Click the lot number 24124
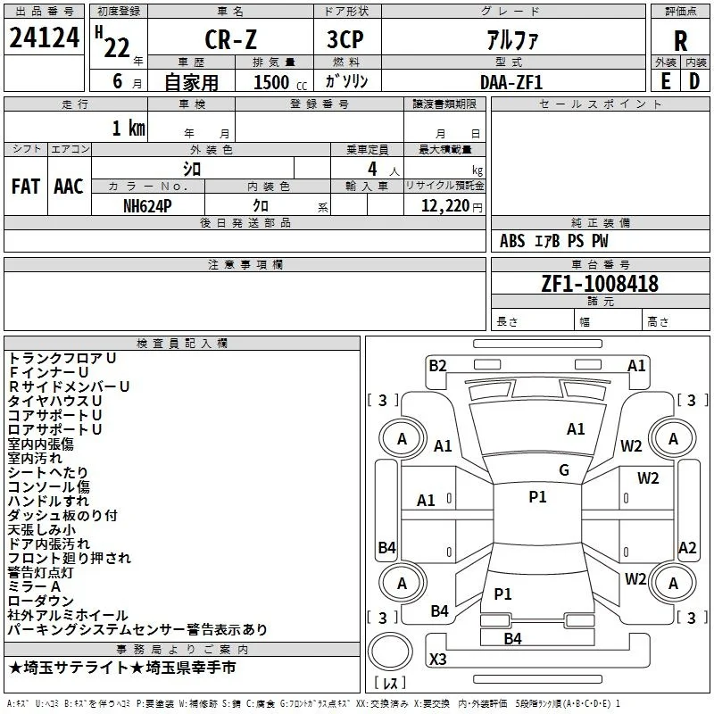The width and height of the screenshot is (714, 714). coord(44,37)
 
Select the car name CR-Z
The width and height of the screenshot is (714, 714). coord(230,39)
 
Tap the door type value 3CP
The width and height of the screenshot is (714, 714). coord(345,39)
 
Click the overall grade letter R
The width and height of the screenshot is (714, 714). coord(680,41)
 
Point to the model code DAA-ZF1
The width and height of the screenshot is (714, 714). coord(511,82)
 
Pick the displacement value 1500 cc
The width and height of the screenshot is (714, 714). coord(280,82)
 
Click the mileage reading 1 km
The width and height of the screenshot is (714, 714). coord(129,128)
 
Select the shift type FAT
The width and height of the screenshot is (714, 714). coord(26,187)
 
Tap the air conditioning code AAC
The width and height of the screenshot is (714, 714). coord(69,187)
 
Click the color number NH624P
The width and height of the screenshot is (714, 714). coord(147,206)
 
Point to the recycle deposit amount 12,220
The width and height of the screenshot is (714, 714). coord(444,206)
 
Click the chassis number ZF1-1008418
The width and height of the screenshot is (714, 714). coord(600,283)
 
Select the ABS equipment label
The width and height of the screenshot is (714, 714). coord(512,241)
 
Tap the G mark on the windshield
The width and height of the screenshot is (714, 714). coord(564,470)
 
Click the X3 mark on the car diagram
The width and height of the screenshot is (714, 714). coord(438,659)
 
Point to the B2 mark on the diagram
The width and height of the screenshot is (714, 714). coord(437,366)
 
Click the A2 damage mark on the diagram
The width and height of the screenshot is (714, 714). coord(687,548)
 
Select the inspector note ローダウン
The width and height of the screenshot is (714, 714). coord(40,601)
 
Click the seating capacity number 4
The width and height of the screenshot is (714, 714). coord(372,169)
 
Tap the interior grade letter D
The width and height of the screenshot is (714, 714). coord(694,81)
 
